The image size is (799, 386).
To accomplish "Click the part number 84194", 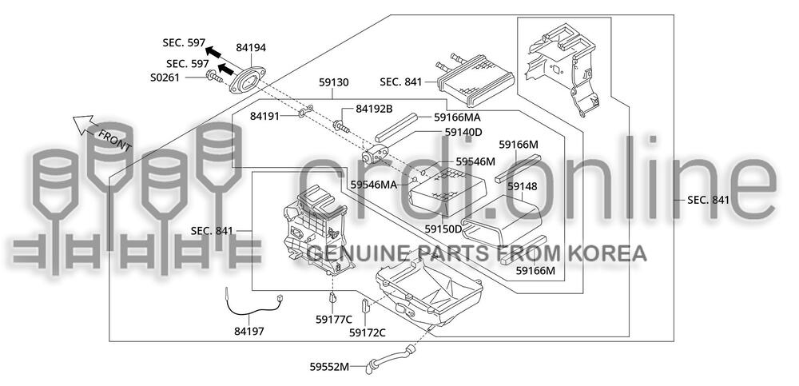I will coord(252,49).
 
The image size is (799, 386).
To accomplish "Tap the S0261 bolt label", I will coord(166,78).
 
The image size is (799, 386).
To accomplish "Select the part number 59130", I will coord(333,82).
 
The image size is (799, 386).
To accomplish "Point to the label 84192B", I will coord(374,109).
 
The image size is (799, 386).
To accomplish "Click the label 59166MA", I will coord(463,117).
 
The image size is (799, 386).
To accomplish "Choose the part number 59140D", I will coord(463,132).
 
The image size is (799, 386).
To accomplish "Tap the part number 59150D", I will coord(443,229).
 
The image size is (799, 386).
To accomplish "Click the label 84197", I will coord(249,330).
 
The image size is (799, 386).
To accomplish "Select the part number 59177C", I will coord(333,320).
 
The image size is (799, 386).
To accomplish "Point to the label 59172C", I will coord(368,332).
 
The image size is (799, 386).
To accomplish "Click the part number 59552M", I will coord(329,367).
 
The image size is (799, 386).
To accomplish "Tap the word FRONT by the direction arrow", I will coord(115,136).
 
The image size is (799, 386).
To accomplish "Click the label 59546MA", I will coord(375,185).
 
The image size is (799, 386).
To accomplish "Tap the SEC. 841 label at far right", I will coord(709,200).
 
